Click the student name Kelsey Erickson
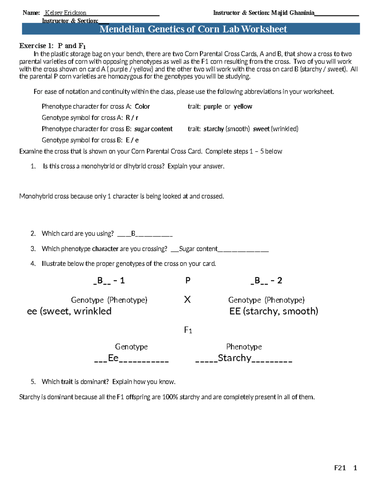coord(66,13)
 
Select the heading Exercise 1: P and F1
coord(53,45)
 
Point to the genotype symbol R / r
coord(132,118)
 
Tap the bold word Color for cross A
coord(142,107)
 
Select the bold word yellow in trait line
coord(243,107)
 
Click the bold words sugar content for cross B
coord(153,129)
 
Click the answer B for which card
coord(133,234)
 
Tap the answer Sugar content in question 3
coord(198,249)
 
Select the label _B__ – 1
coord(109,281)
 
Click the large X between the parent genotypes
coord(187,299)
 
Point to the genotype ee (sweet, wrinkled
coord(69,311)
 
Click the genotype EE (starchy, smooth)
coord(273,311)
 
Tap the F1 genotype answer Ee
coord(113,358)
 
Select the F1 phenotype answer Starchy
coord(235,358)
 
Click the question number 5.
coord(33,382)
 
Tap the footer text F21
coord(340,468)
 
